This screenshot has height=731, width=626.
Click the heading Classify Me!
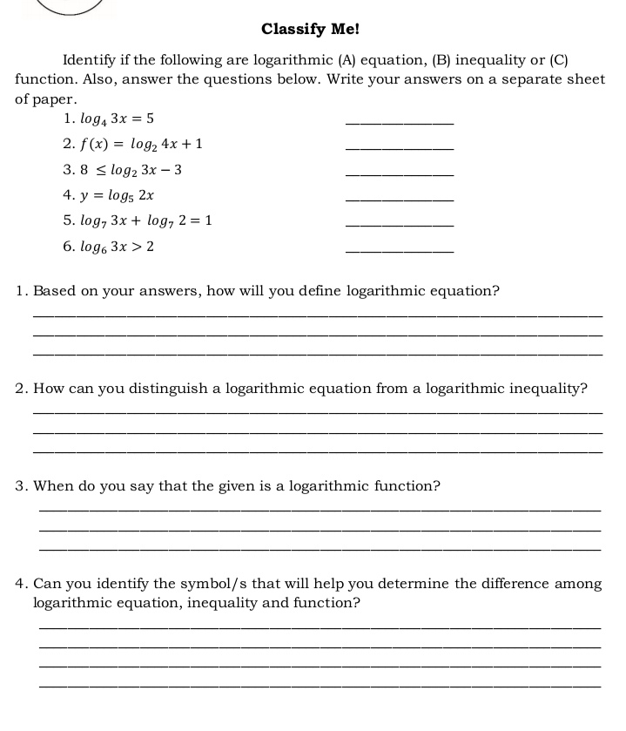coord(310,29)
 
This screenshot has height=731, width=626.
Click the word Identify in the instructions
coord(92,60)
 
